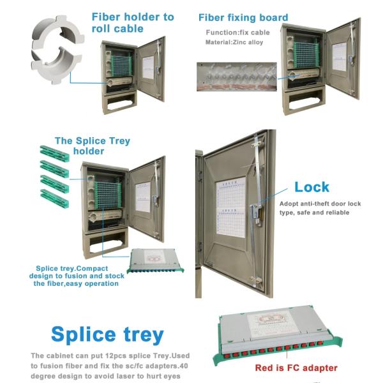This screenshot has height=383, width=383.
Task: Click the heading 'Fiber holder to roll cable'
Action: pyautogui.click(x=132, y=22)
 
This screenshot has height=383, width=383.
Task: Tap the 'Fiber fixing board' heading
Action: pyautogui.click(x=243, y=17)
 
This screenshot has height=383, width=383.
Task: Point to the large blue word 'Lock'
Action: pyautogui.click(x=312, y=187)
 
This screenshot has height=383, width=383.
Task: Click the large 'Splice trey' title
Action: pyautogui.click(x=107, y=334)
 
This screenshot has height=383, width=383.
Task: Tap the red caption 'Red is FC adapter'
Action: pyautogui.click(x=296, y=368)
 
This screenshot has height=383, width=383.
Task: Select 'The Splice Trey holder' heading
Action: pyautogui.click(x=87, y=146)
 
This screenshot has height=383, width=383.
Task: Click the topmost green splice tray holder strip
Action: pyautogui.click(x=54, y=153)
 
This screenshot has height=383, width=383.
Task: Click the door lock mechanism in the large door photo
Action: pyautogui.click(x=255, y=210)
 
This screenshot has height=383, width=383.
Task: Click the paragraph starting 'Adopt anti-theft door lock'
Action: pyautogui.click(x=320, y=207)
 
